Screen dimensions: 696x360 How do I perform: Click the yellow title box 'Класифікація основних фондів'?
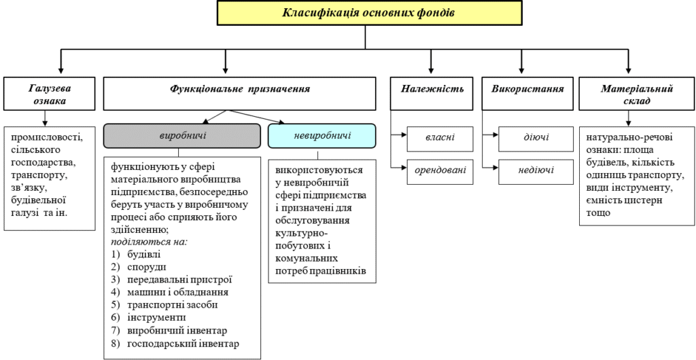(x=369, y=13)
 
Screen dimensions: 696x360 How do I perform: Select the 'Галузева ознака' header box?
(x=49, y=94)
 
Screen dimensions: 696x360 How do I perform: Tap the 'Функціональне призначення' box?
(x=240, y=94)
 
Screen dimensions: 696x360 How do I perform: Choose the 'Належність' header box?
(x=432, y=94)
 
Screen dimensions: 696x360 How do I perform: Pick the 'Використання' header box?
(x=527, y=94)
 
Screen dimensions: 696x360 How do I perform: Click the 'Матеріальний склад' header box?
(x=637, y=94)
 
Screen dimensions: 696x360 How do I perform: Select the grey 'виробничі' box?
(x=182, y=136)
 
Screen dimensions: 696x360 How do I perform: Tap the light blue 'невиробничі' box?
(x=321, y=136)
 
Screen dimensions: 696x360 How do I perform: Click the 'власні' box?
(x=440, y=137)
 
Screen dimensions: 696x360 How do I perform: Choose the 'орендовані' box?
(x=440, y=169)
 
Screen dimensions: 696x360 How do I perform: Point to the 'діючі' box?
(x=536, y=137)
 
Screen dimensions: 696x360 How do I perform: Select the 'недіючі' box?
(x=536, y=169)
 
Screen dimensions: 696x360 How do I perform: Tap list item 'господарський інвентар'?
(x=175, y=344)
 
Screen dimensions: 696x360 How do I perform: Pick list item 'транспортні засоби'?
(x=164, y=306)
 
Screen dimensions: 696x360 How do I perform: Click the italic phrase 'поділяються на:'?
(x=149, y=242)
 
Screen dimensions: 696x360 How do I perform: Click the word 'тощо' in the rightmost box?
(x=598, y=213)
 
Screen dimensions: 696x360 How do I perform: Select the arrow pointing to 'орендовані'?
(x=399, y=168)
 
